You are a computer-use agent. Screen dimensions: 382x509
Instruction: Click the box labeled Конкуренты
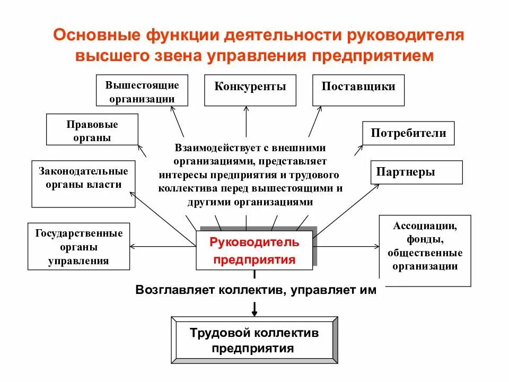[250, 90]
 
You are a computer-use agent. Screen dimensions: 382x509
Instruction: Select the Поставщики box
[358, 90]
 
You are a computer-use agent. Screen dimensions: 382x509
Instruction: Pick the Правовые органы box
[92, 130]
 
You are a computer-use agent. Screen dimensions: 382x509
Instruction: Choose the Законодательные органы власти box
[83, 184]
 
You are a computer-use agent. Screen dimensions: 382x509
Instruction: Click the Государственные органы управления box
[78, 247]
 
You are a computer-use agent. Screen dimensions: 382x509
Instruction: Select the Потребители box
[408, 133]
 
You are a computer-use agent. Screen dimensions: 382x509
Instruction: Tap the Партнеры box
[416, 172]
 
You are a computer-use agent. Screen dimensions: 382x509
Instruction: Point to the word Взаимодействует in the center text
[208, 148]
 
